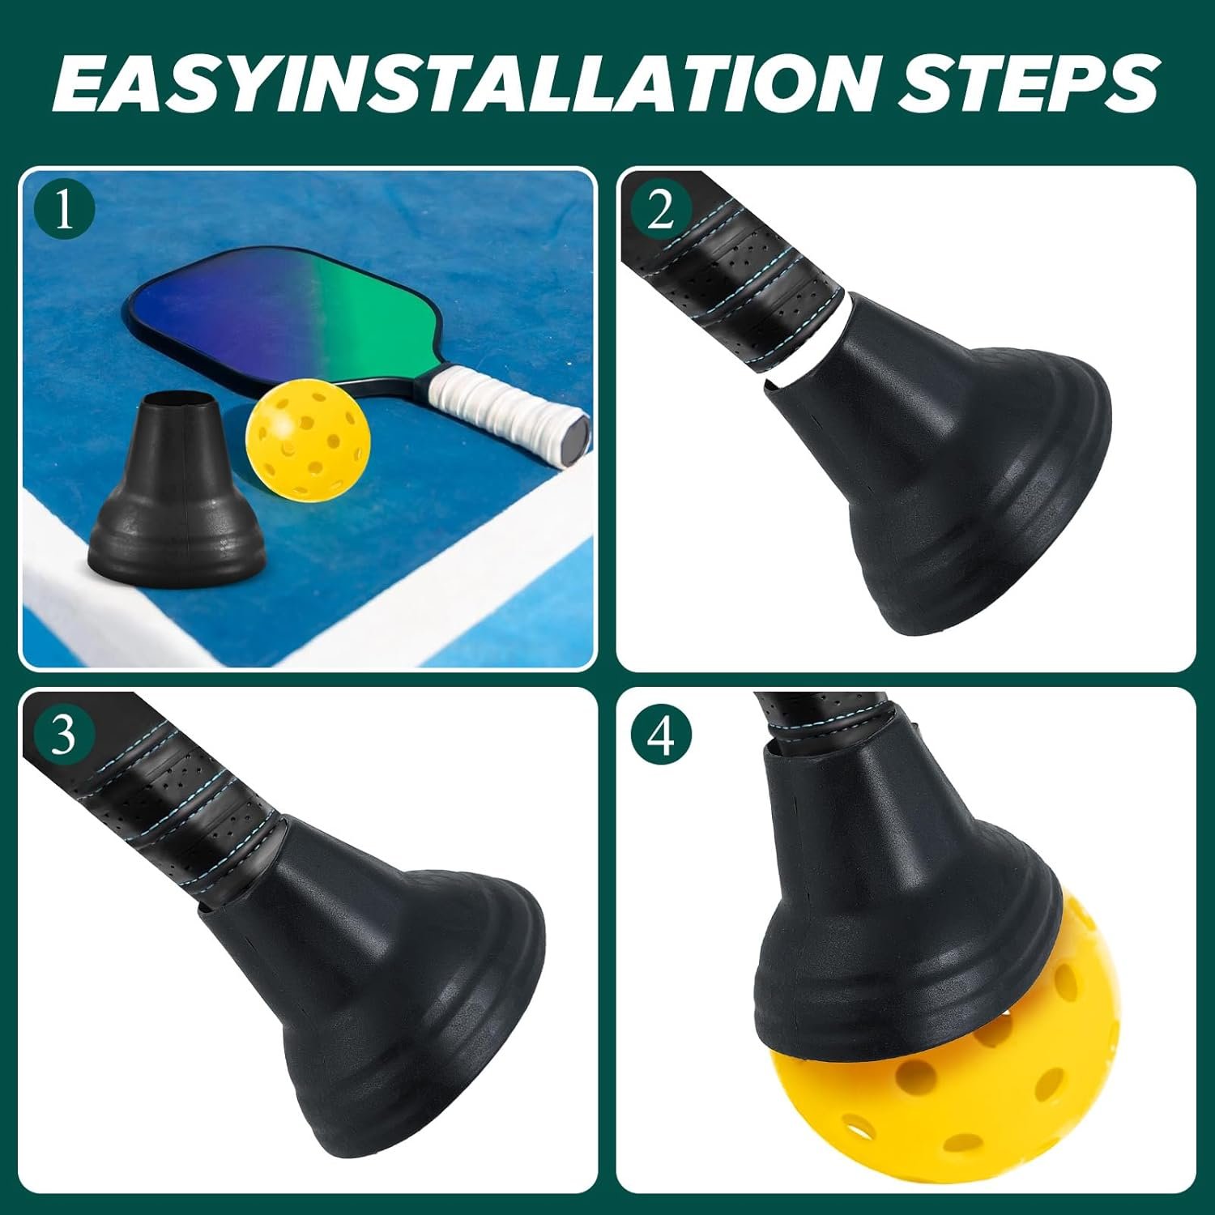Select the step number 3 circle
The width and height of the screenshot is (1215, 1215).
point(65,735)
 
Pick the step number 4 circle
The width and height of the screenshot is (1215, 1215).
point(662,735)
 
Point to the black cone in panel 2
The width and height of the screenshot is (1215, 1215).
point(956,470)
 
